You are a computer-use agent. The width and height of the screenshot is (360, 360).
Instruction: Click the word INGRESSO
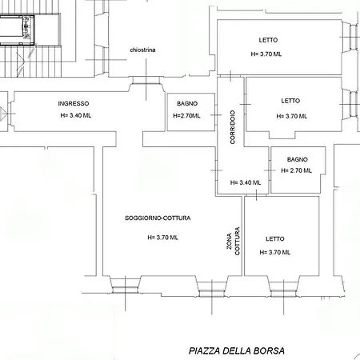pyautogui.click(x=74, y=104)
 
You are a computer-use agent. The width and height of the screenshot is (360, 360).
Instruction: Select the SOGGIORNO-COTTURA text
pyautogui.click(x=158, y=218)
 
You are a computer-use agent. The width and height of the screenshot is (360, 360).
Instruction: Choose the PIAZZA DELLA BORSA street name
pyautogui.click(x=236, y=350)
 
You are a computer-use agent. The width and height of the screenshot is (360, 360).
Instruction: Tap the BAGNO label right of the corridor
pyautogui.click(x=297, y=159)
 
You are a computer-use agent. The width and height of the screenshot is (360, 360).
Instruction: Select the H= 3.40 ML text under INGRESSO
pyautogui.click(x=76, y=116)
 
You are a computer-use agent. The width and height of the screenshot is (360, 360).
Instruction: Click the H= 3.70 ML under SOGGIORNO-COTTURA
pyautogui.click(x=163, y=237)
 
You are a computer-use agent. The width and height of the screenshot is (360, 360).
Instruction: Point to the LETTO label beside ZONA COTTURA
pyautogui.click(x=274, y=238)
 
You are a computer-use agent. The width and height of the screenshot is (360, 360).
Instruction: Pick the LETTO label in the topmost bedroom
pyautogui.click(x=268, y=40)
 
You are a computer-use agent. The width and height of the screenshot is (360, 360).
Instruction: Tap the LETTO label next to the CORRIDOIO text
pyautogui.click(x=290, y=101)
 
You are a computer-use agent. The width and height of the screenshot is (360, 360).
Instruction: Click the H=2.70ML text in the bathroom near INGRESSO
pyautogui.click(x=186, y=116)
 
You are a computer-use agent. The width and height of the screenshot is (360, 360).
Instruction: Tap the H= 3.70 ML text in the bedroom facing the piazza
pyautogui.click(x=274, y=252)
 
